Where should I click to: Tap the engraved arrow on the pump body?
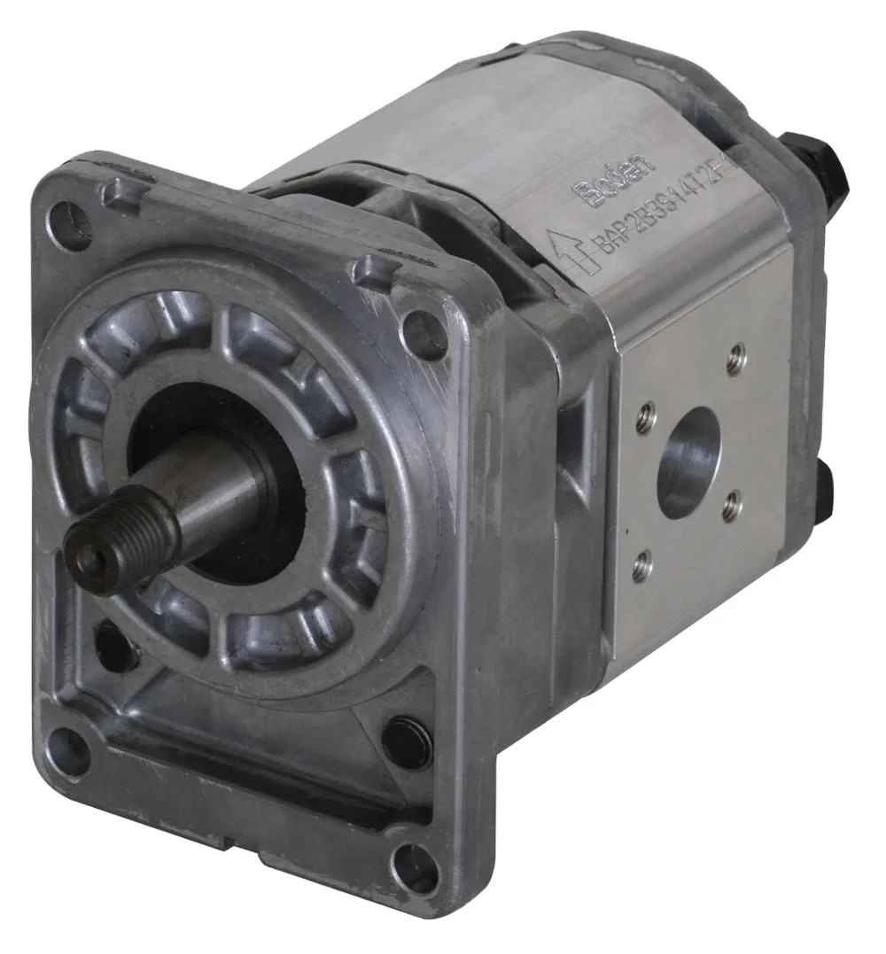565,249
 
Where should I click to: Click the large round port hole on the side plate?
689,462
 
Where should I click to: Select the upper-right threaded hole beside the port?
734,359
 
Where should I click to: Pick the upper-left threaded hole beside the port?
645,417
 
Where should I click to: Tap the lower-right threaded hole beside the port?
730,507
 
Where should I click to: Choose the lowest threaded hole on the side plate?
641,565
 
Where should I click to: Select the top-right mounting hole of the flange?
424,335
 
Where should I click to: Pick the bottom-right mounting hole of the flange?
415,867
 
